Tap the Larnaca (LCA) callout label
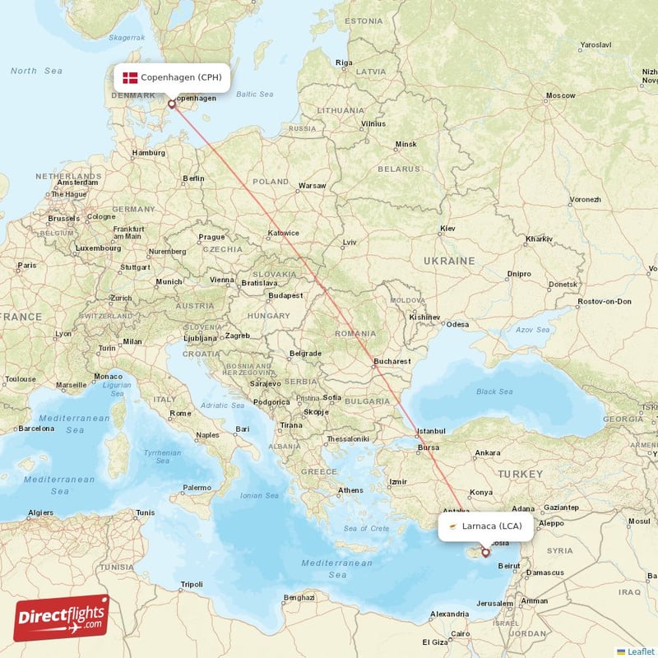[x=484, y=526]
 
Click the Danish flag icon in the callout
[x=130, y=77]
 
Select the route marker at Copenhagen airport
[x=172, y=104]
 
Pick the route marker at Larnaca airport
[x=485, y=553]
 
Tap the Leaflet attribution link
[x=640, y=651]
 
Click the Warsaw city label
[x=312, y=185]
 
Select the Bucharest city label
[x=391, y=360]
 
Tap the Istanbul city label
[x=431, y=430]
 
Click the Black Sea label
[x=494, y=392]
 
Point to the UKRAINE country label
[x=448, y=260]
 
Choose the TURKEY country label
[x=520, y=474]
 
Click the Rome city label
[x=180, y=413]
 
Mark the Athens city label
[x=350, y=490]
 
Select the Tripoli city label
[x=191, y=585]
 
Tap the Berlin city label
[x=193, y=178]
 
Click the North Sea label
[x=36, y=71]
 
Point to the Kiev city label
[x=447, y=228]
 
